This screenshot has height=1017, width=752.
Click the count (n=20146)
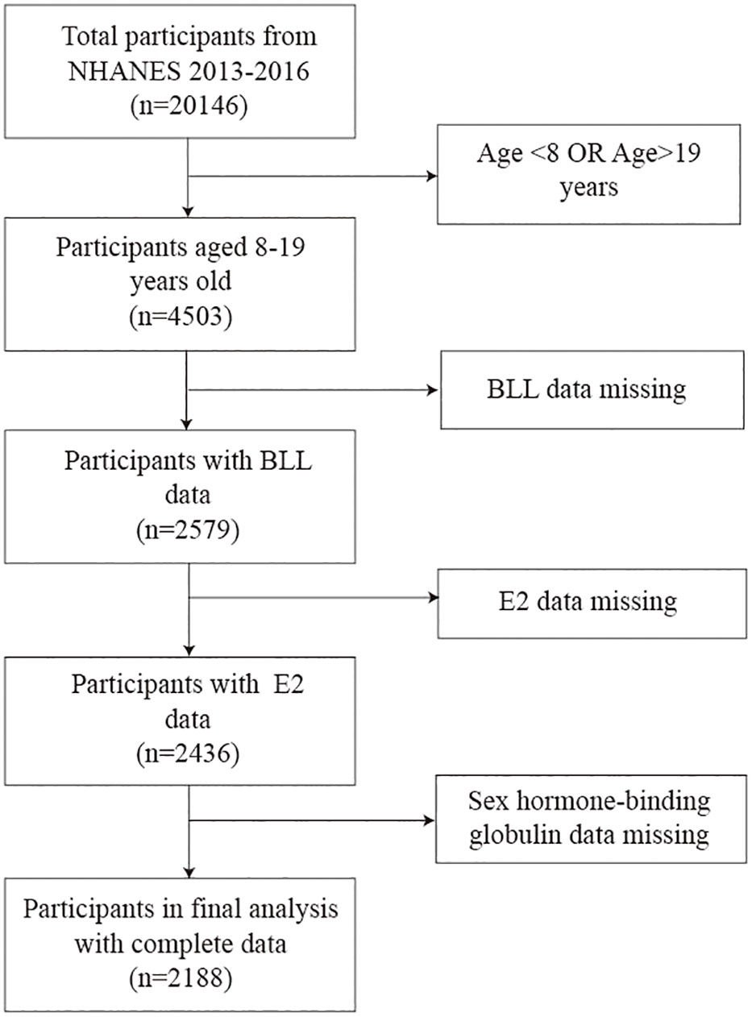189,106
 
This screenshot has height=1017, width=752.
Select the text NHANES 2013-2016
189,72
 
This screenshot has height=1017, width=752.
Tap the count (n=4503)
181,317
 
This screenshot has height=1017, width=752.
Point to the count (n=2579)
188,529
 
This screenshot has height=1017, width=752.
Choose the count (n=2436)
188,753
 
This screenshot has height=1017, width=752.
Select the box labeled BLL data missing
592,390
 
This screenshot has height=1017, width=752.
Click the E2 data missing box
592,604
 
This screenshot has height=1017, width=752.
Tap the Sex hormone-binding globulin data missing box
591,819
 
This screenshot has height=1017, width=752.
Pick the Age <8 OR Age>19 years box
588,174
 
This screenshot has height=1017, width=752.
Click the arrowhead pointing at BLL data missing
433,390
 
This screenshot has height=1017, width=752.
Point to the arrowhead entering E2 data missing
432,597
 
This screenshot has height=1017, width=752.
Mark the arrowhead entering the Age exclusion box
431,176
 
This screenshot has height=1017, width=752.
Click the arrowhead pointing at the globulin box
430,820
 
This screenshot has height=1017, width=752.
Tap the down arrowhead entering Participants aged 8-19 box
188,211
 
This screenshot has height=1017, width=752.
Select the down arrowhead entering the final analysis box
189,871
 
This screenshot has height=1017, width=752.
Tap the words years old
181,281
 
